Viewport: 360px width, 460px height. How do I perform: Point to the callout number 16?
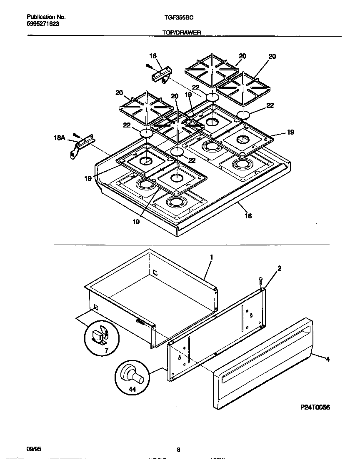[x=248, y=216]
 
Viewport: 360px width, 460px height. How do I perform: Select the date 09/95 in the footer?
[x=34, y=449]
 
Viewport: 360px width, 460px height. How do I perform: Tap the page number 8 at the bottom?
[x=178, y=450]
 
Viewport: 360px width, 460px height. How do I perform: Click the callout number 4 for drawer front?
[x=327, y=359]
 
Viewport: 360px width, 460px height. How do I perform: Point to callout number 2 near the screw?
[x=279, y=268]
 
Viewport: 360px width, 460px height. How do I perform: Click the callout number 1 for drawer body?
[x=211, y=257]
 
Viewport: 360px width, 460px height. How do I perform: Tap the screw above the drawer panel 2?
[x=260, y=280]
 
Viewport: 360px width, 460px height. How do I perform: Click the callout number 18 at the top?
[x=152, y=56]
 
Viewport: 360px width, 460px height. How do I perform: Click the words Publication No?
[x=46, y=17]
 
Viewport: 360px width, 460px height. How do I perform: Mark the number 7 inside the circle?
[x=106, y=351]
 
